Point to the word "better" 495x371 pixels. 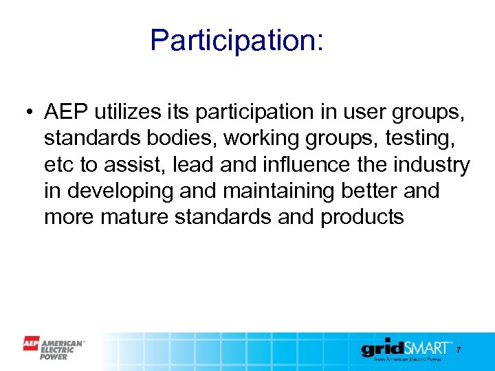coord(369,191)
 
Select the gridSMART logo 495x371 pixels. coord(406,350)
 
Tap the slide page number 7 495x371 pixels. coord(459,350)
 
